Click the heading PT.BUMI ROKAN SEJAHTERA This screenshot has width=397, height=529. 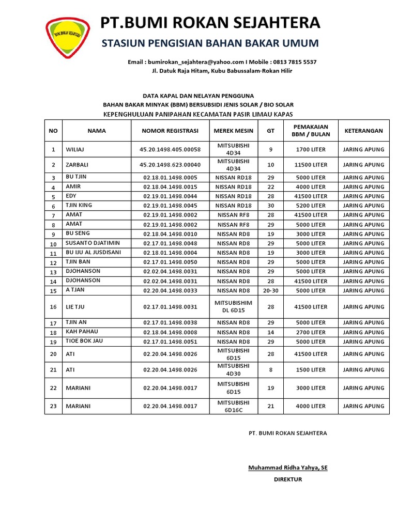point(210,23)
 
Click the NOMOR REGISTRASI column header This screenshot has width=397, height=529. point(170,131)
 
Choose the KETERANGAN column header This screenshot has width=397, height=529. point(363,131)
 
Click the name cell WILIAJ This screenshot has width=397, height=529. point(75,150)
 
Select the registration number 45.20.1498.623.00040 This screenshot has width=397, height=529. point(170,165)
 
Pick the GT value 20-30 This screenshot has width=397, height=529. point(270,290)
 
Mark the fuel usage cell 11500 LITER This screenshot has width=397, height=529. point(311,165)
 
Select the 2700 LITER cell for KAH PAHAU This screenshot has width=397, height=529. point(311,332)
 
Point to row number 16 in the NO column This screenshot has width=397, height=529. point(53,307)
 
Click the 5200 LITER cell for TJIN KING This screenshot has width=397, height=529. point(311,206)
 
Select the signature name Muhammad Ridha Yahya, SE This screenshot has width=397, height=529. point(287,468)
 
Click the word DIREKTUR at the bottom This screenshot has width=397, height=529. point(287,479)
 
